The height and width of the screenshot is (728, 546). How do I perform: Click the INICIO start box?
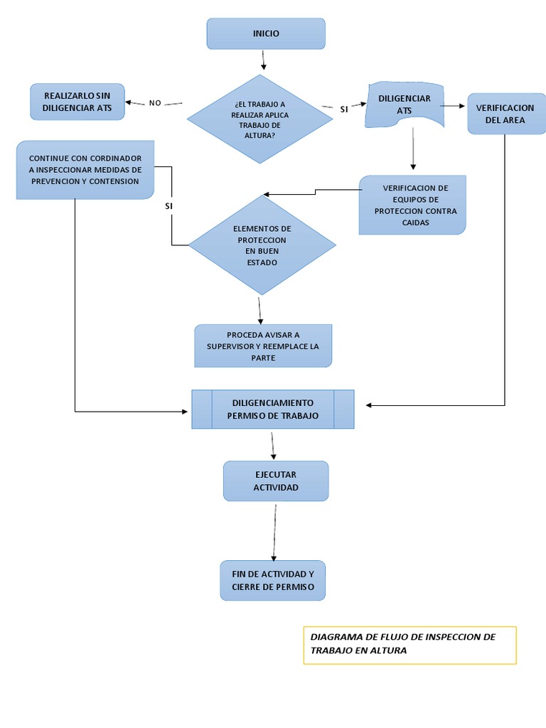pos(266,33)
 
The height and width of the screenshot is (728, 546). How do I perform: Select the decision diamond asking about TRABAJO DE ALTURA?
pos(259,119)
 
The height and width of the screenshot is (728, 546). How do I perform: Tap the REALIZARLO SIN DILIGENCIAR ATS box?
pos(77,102)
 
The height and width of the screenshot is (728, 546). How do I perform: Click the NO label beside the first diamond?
pos(155,103)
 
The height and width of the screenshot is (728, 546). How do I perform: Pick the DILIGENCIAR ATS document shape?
pos(404,105)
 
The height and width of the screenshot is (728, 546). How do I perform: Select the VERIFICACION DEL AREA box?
pos(505,114)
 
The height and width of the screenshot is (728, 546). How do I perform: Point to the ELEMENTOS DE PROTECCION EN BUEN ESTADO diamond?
pos(262,245)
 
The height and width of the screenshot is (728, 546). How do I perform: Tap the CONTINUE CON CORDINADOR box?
pos(85,169)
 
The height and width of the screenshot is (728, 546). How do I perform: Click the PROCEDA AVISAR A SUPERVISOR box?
pos(263,346)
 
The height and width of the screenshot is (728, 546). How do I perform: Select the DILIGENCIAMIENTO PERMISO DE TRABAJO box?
pos(272,409)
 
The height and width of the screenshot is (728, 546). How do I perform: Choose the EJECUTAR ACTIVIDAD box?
pos(276,481)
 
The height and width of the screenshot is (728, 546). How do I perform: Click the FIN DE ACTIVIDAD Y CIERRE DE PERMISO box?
pos(272,580)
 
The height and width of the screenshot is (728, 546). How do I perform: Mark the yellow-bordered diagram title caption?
pos(409,644)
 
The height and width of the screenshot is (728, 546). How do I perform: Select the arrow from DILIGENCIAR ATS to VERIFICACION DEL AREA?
pos(452,107)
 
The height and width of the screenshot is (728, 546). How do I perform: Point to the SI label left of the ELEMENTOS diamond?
pos(168,205)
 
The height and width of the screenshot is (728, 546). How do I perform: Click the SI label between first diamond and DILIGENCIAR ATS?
pos(344,109)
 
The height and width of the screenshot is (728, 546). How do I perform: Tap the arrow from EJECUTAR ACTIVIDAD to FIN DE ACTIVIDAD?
pos(273,531)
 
